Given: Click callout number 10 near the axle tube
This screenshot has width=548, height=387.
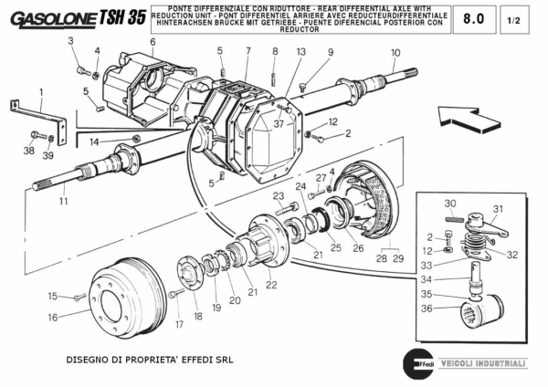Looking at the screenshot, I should coord(395,53).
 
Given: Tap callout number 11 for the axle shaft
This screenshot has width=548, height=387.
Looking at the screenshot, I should coord(64,200).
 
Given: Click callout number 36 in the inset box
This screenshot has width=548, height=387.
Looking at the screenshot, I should coord(427,308).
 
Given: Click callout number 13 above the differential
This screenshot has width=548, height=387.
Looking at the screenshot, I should coord(300,53).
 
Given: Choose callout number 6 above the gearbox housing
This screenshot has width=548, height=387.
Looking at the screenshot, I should coord(153,42).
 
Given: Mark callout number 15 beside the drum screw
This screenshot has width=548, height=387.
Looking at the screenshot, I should coord(53,295).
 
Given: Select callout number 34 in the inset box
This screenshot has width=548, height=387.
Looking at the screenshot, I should coord(427,279).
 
